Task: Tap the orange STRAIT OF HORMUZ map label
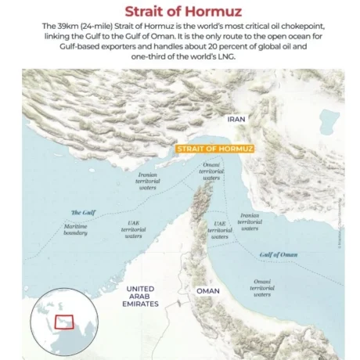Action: click(x=209, y=147)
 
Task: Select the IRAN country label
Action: click(x=236, y=119)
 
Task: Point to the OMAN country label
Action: click(x=207, y=291)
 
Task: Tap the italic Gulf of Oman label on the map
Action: click(x=278, y=254)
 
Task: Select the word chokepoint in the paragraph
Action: click(x=290, y=27)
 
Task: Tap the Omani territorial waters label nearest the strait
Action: click(x=211, y=171)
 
